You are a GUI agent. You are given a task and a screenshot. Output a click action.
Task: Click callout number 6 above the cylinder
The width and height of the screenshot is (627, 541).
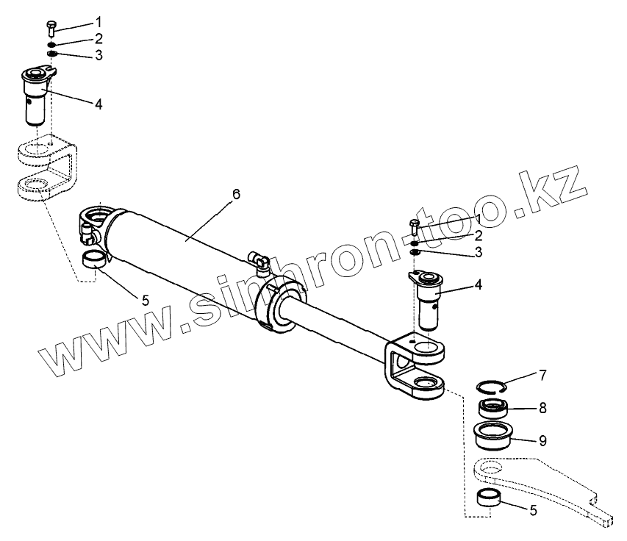point(236,193)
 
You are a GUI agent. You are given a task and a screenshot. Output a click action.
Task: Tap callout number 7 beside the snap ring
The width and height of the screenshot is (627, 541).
point(542,376)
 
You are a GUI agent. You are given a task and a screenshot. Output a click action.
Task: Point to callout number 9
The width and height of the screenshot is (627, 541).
point(542,441)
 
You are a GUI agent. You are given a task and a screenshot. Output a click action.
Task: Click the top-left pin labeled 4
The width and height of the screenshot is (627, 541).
point(37,93)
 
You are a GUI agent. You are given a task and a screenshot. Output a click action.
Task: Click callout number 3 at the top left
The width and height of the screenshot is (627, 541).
point(98,55)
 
